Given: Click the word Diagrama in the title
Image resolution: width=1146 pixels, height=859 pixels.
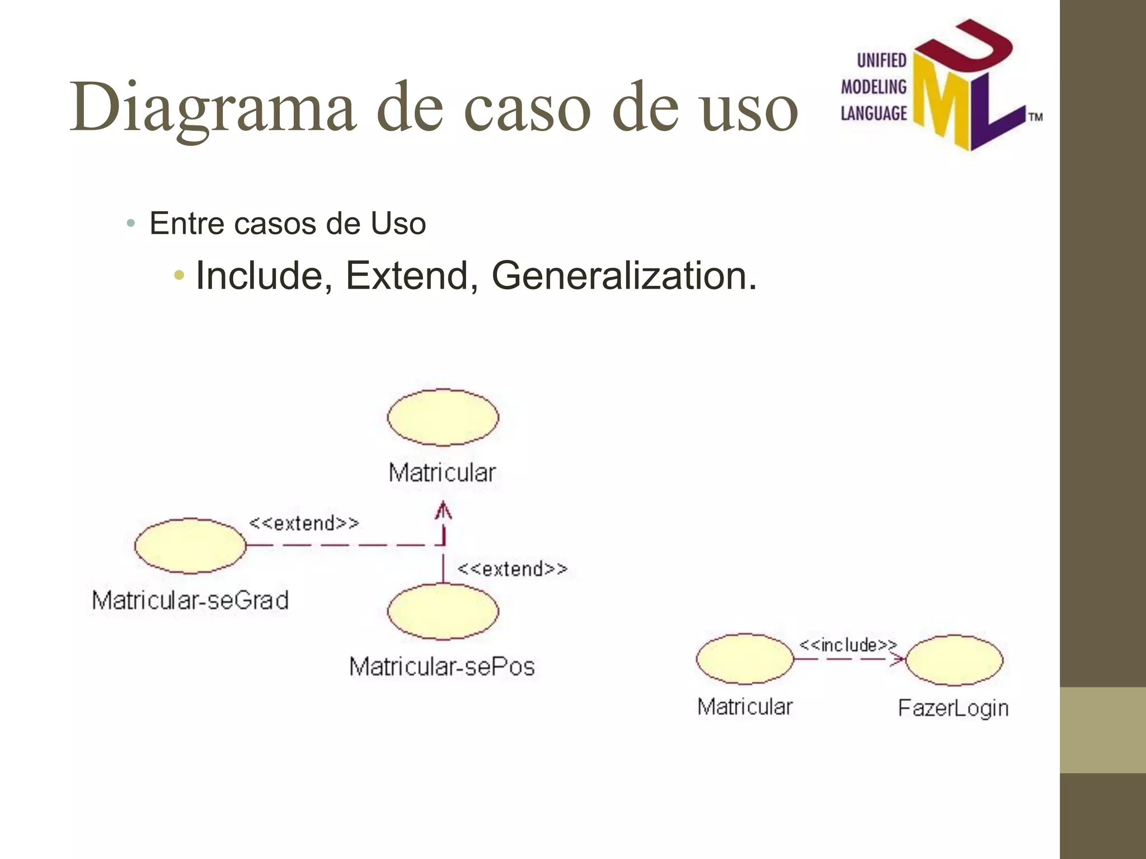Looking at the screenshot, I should point(213,107).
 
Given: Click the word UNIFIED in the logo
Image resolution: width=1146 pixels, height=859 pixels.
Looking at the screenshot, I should point(881,60).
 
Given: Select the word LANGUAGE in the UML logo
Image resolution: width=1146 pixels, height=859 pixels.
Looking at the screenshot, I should point(873,114).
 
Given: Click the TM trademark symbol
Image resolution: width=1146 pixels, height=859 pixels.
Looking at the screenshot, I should point(1035,117).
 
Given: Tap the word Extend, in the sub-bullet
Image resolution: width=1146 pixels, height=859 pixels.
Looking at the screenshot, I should point(412,276).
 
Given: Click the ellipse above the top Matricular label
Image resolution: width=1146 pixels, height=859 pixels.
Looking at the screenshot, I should point(443,417).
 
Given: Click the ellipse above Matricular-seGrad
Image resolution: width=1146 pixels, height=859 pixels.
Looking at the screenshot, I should point(190,545).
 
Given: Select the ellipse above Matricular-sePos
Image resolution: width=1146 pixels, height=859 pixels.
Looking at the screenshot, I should point(443,611).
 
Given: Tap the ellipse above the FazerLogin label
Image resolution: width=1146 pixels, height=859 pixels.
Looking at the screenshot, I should point(954,660).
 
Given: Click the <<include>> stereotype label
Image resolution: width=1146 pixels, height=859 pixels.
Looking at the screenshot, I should point(847,645).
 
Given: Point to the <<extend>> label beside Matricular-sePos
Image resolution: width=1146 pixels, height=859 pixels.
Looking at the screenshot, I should point(512,569).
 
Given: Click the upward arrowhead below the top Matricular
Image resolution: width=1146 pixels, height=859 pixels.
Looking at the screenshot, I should point(443,511).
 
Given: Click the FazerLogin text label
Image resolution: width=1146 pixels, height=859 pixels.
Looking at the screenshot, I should point(953,708).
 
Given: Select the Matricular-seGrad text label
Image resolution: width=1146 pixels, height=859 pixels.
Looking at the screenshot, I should point(190,600).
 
